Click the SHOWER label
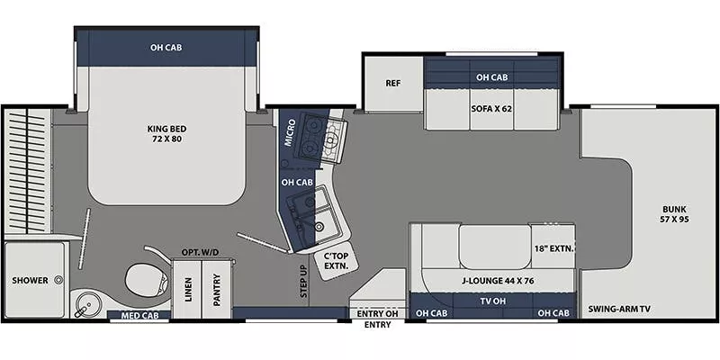30,281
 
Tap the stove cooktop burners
319,136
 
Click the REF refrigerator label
392,84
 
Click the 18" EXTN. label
553,247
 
